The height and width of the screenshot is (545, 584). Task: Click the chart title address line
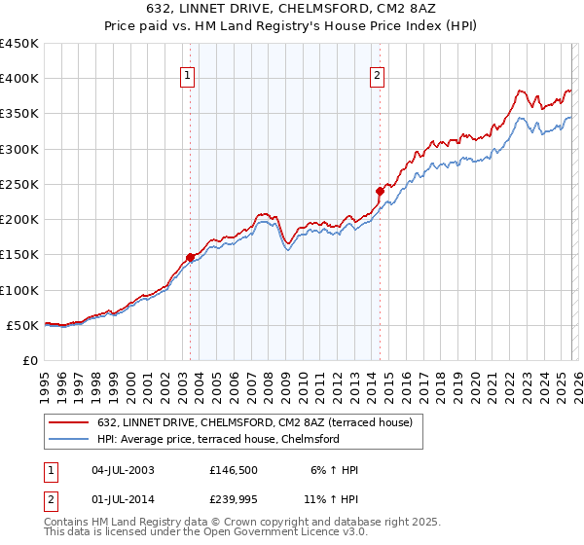(x=292, y=9)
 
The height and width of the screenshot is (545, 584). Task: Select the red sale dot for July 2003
(x=190, y=257)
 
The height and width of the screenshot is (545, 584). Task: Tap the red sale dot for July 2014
(x=380, y=191)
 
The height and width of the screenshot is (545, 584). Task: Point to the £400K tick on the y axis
(x=19, y=79)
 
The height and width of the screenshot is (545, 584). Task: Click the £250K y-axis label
(x=19, y=184)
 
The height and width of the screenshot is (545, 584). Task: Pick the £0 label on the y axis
(x=29, y=360)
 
